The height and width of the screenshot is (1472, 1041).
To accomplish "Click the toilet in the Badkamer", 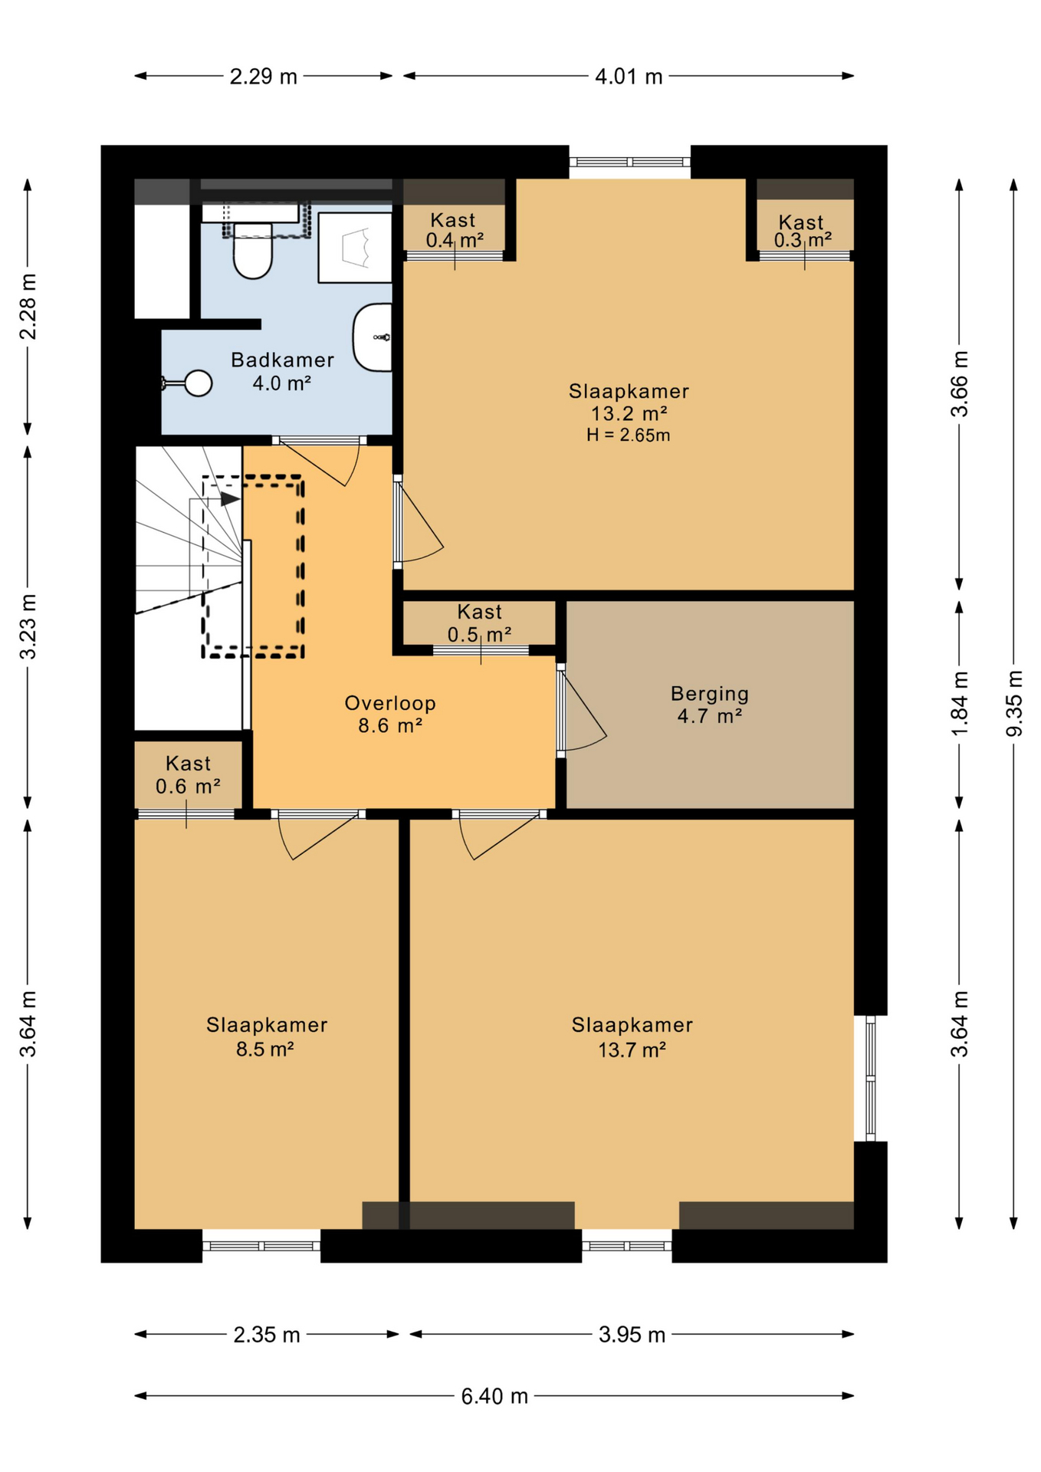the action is pyautogui.click(x=253, y=250).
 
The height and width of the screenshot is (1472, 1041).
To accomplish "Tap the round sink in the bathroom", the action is pyautogui.click(x=199, y=383).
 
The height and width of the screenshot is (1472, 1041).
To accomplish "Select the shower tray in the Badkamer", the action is pyautogui.click(x=355, y=248).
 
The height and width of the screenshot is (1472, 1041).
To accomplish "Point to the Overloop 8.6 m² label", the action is pyautogui.click(x=390, y=714).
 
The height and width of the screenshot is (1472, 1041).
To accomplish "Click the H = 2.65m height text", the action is pyautogui.click(x=629, y=435).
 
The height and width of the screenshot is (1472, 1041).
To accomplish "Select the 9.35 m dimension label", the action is pyautogui.click(x=1014, y=703).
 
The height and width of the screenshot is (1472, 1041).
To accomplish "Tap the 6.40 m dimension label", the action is pyautogui.click(x=494, y=1396).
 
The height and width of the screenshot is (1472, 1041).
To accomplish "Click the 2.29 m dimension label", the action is pyautogui.click(x=263, y=77).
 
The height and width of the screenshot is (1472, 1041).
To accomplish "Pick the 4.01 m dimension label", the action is pyautogui.click(x=629, y=77).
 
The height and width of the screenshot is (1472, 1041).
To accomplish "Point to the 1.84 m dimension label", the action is pyautogui.click(x=960, y=703).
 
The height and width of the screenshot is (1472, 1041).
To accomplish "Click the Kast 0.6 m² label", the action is pyautogui.click(x=188, y=775).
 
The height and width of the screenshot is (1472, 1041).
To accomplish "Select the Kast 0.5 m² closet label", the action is pyautogui.click(x=480, y=623).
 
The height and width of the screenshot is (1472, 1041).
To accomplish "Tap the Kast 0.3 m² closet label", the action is pyautogui.click(x=802, y=231).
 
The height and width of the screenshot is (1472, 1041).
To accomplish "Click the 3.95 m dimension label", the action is pyautogui.click(x=632, y=1335).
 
